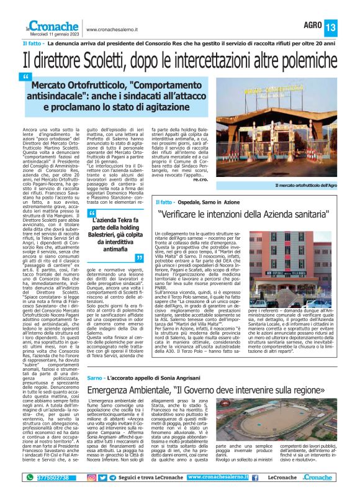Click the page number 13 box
point(348,27)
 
